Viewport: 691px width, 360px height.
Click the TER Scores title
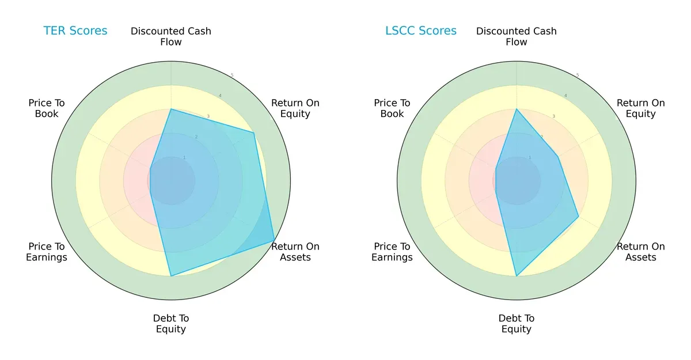75,31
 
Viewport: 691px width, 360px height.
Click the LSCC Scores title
421,31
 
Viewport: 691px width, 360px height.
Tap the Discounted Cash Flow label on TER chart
171,36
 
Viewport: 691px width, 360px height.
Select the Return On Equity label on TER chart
295,108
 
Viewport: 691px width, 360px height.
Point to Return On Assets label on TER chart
295,252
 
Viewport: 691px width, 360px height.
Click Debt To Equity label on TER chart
171,324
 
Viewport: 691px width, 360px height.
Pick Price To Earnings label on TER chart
47,252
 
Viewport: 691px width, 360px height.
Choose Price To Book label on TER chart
47,108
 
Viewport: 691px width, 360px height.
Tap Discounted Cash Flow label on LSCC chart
517,36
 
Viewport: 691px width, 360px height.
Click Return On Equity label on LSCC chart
641,108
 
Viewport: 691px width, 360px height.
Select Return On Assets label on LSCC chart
641,252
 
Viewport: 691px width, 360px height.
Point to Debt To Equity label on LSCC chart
517,324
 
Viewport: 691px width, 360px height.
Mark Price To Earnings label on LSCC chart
392,252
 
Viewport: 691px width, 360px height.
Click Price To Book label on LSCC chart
392,108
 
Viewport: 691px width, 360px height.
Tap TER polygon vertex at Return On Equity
253,133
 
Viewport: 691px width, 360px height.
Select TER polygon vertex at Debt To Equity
171,276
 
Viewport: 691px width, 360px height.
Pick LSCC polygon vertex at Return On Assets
578,217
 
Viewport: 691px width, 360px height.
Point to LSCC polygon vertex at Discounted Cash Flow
517,109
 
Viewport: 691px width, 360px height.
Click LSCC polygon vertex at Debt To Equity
517,276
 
